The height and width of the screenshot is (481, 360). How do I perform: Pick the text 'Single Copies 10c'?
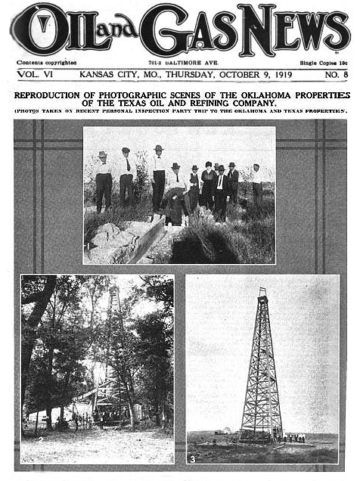tap(323, 63)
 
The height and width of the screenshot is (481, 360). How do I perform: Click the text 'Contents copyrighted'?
tap(46, 63)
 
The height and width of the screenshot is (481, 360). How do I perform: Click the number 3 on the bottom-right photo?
tap(193, 457)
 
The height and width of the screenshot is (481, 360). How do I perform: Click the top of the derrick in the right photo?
tap(262, 291)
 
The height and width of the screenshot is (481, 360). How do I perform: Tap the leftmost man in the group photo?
tap(103, 180)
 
